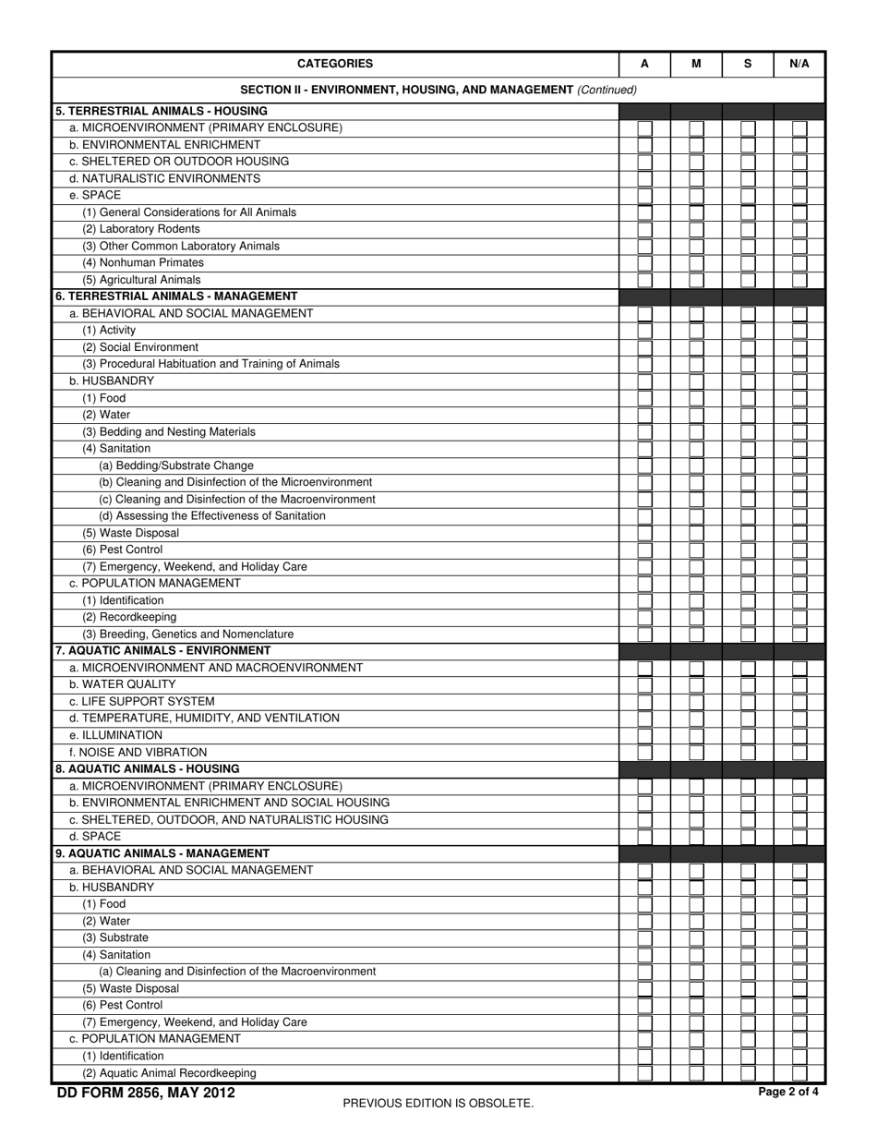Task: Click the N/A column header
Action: tap(799, 64)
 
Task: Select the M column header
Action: tap(696, 64)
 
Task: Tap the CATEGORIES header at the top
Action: tap(335, 64)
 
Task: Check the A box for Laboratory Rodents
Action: tap(644, 229)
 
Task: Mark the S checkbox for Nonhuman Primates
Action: tap(748, 263)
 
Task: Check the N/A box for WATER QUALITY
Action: tap(799, 685)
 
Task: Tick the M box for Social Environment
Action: tap(696, 347)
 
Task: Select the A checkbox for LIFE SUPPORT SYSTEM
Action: tap(644, 702)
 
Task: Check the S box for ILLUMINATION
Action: tap(748, 736)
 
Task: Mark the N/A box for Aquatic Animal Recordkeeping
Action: tap(799, 1073)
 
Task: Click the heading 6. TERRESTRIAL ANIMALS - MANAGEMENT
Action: tap(176, 296)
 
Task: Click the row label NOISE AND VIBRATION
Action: tap(138, 753)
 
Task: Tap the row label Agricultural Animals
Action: tap(141, 280)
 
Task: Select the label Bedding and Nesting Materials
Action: tap(169, 431)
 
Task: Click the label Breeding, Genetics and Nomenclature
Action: tap(188, 634)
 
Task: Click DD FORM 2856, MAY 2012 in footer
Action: tap(146, 1094)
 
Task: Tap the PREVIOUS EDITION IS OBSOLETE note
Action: tap(438, 1103)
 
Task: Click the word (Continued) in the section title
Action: tap(607, 90)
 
